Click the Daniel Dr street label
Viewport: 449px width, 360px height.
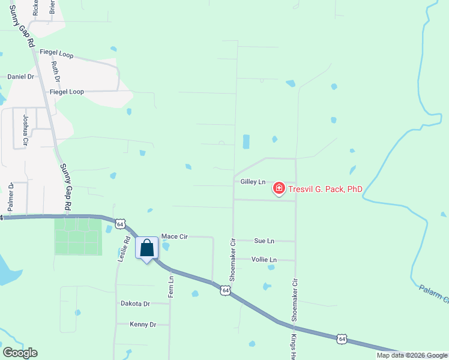pyautogui.click(x=20, y=77)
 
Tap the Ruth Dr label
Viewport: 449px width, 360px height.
pyautogui.click(x=56, y=71)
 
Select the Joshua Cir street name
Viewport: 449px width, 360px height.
pyautogui.click(x=25, y=131)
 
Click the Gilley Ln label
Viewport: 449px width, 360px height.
pyautogui.click(x=253, y=181)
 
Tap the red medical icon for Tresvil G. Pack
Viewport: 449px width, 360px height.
pyautogui.click(x=279, y=189)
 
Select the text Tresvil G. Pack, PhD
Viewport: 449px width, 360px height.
pyautogui.click(x=325, y=189)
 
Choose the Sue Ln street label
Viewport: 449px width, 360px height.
pyautogui.click(x=264, y=241)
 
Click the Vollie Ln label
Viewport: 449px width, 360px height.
pyautogui.click(x=264, y=260)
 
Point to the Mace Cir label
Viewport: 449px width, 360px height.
pyautogui.click(x=175, y=237)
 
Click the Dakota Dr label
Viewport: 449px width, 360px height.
pyautogui.click(x=135, y=304)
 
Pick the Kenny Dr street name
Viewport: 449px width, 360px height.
pyautogui.click(x=143, y=324)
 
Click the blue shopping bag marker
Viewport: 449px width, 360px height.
pyautogui.click(x=146, y=248)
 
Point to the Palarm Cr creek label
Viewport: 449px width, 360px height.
pyautogui.click(x=433, y=294)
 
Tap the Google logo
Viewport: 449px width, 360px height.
pyautogui.click(x=20, y=353)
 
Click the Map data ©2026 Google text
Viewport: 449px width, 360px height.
pyautogui.click(x=412, y=355)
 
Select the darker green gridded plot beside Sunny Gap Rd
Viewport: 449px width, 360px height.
pyautogui.click(x=78, y=236)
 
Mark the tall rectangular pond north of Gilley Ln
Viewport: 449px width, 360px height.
pyautogui.click(x=246, y=142)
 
